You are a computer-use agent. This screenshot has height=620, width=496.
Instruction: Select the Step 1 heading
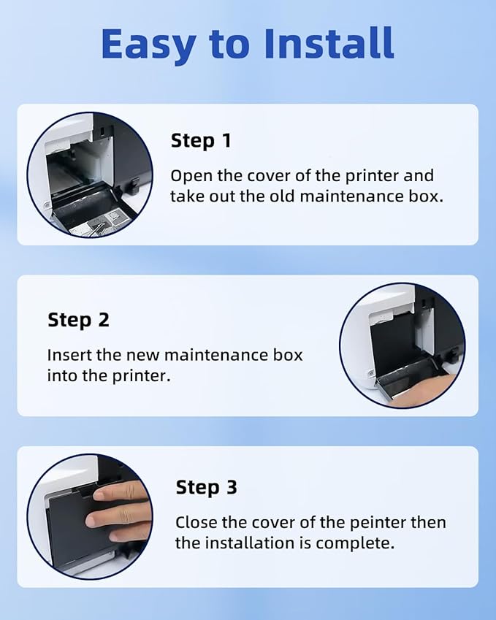pyautogui.click(x=201, y=141)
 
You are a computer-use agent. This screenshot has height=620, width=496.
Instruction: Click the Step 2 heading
pyautogui.click(x=78, y=320)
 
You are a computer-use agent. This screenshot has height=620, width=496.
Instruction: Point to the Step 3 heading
pyautogui.click(x=206, y=488)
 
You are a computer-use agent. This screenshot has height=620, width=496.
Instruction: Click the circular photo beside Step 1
pyautogui.click(x=90, y=175)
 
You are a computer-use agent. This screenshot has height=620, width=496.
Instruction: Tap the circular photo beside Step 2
pyautogui.click(x=402, y=345)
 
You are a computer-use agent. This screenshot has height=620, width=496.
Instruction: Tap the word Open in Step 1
pyautogui.click(x=188, y=176)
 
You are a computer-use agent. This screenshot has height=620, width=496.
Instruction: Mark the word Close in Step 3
pyautogui.click(x=194, y=523)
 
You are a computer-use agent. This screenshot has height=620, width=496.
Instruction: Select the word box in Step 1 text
pyautogui.click(x=427, y=196)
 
